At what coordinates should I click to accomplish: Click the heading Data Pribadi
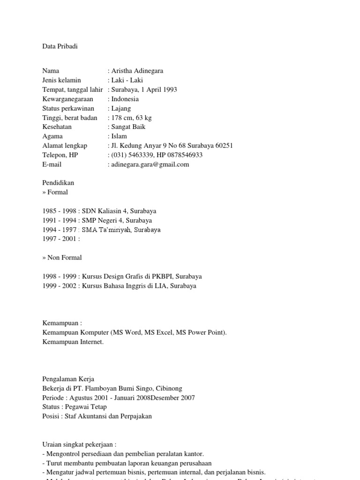(x=60, y=46)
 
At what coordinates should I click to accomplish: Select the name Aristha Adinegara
(x=137, y=71)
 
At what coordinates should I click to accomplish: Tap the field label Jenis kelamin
(x=61, y=80)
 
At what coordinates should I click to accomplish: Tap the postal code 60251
(x=223, y=146)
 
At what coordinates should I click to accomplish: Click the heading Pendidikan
(x=58, y=183)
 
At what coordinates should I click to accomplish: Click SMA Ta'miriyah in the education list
(x=106, y=230)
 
